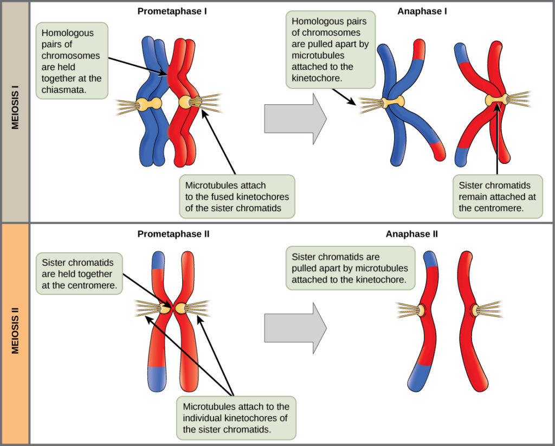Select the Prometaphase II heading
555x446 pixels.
[173, 234]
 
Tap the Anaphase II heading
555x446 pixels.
[412, 234]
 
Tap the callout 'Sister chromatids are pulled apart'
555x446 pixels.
[350, 268]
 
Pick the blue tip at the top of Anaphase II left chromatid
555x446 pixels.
[431, 259]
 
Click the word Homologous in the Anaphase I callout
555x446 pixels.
[315, 22]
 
